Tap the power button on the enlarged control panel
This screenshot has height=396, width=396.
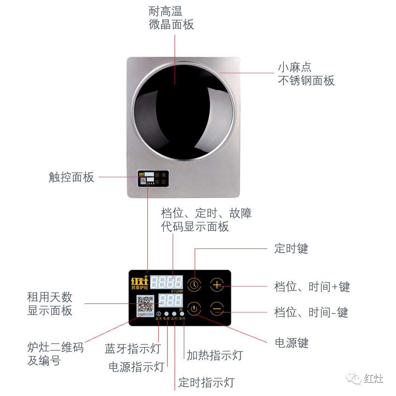[194, 309]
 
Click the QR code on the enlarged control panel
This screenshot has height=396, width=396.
[145, 304]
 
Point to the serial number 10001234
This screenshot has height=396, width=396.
[145, 314]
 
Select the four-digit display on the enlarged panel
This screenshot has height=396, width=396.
[166, 282]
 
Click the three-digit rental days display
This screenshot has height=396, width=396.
[171, 300]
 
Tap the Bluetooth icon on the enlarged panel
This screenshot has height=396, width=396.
[158, 314]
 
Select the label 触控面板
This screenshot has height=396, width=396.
[71, 177]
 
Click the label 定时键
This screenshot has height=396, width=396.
[291, 249]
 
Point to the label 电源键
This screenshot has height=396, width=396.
[292, 343]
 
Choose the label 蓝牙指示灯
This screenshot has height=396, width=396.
[133, 349]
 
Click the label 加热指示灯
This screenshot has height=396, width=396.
[214, 355]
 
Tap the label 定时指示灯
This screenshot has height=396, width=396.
[207, 382]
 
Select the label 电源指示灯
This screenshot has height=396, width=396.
[136, 367]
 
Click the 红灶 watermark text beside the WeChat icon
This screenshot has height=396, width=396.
[373, 379]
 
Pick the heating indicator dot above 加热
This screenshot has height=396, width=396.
[182, 314]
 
